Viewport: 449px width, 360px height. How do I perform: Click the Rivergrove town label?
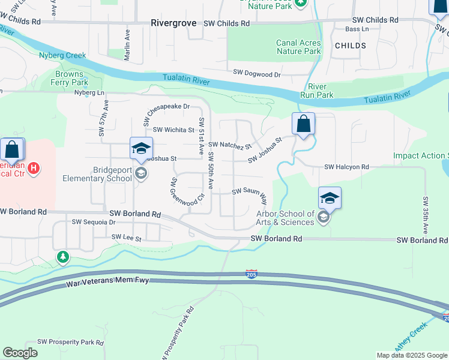click(x=173, y=23)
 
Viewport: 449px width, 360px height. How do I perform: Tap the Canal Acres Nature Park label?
click(x=298, y=47)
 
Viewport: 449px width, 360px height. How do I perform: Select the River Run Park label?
click(x=316, y=91)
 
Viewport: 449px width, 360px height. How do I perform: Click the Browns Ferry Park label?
click(x=71, y=78)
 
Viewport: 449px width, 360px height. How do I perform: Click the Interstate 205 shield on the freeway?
click(x=252, y=274)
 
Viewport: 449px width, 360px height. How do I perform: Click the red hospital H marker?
click(x=34, y=167)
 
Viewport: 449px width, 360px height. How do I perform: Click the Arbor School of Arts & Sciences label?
click(x=285, y=218)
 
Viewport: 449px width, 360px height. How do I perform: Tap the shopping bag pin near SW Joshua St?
click(x=304, y=124)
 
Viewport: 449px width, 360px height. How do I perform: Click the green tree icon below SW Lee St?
click(x=62, y=257)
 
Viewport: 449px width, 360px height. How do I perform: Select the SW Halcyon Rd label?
click(x=346, y=167)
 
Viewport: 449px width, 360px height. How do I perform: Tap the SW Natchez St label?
click(x=230, y=145)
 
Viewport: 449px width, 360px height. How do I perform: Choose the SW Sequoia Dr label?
click(x=93, y=221)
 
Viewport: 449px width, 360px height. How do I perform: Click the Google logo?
click(x=20, y=353)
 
